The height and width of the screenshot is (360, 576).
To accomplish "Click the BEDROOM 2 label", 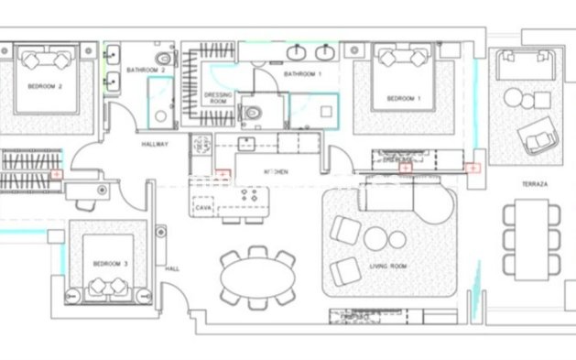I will click(47, 88).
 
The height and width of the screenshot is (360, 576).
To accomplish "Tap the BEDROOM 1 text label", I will click(403, 98).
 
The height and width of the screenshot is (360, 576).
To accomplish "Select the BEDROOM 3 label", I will click(111, 264).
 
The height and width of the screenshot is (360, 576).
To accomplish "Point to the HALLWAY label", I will click(155, 144).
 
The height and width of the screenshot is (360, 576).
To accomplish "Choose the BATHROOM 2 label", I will click(147, 70).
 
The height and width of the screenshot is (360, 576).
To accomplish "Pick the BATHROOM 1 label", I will click(302, 73).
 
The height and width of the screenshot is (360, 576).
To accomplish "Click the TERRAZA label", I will click(535, 184).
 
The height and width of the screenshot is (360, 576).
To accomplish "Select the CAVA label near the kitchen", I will click(203, 208).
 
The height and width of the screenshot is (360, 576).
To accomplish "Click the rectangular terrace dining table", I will click(531, 240).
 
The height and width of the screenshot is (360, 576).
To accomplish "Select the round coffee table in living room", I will click(378, 239).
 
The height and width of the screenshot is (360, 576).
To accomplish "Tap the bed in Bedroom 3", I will click(111, 270).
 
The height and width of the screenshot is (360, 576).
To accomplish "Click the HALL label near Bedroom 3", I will click(171, 268).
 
